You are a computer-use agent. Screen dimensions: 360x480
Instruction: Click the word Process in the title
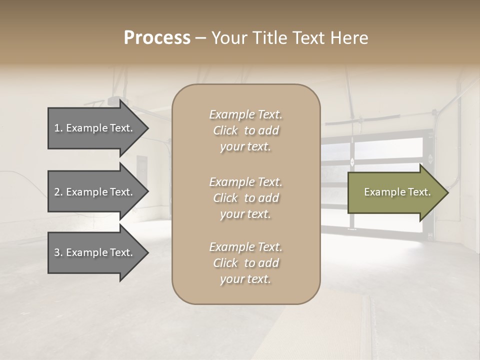point(157,38)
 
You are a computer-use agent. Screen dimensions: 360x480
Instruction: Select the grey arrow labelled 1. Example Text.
point(95,128)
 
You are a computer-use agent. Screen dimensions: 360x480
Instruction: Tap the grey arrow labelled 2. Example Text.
point(95,192)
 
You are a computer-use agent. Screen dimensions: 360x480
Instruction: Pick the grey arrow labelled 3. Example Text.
point(95,252)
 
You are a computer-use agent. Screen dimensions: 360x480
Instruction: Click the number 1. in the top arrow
point(58,128)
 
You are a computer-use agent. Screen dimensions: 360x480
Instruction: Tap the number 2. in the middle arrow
point(58,192)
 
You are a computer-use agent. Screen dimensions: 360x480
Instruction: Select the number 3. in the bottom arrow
point(58,252)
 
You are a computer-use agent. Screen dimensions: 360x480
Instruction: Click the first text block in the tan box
point(245,130)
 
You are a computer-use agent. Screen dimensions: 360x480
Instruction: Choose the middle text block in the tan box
point(245,198)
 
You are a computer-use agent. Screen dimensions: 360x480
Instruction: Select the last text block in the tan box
point(245,263)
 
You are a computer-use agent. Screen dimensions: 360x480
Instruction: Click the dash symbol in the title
point(200,38)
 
